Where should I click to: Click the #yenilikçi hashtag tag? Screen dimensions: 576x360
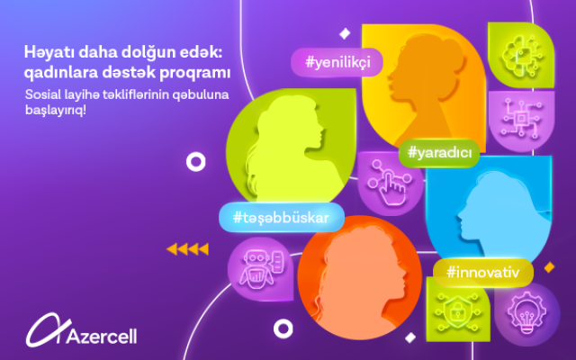point(337,62)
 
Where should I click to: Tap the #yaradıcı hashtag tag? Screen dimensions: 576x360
point(439,152)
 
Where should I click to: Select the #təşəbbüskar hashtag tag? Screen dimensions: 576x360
point(282,218)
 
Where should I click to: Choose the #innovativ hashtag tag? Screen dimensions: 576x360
point(482,273)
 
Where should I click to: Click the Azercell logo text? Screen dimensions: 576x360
point(102,336)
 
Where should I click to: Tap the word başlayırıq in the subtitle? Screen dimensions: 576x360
point(55,110)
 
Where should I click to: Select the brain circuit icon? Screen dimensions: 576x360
point(521,55)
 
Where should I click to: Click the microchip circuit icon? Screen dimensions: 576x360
point(521,118)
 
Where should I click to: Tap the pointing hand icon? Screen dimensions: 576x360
point(390,182)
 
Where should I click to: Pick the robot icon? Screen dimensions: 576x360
point(260,268)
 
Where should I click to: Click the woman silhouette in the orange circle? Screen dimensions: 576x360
point(358,279)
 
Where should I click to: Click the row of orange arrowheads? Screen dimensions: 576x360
point(188,249)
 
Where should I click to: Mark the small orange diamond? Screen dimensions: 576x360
point(549,267)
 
